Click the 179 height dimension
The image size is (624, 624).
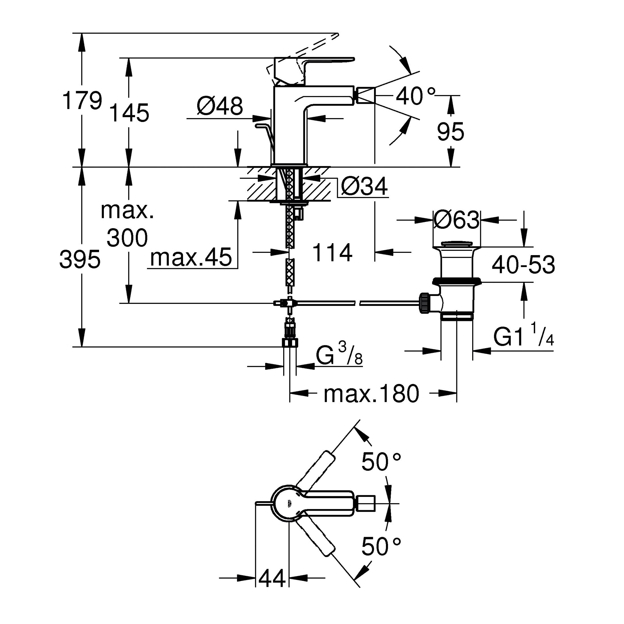point(82,100)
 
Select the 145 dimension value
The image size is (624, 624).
point(129,113)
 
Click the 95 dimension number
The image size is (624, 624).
point(450,131)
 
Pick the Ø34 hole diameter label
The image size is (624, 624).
point(364,187)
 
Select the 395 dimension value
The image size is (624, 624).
point(80,259)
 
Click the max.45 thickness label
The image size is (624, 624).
point(191,257)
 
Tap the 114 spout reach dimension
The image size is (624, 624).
point(332,253)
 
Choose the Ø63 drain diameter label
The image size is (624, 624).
point(456,220)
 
